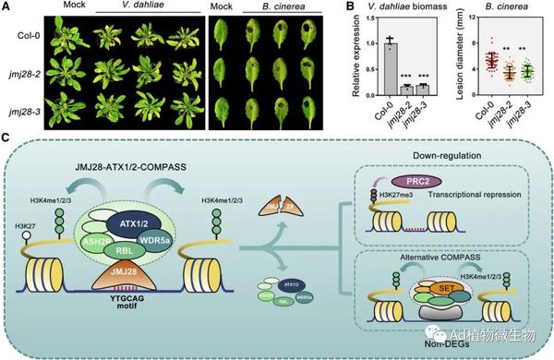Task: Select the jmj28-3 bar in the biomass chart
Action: pyautogui.click(x=422, y=88)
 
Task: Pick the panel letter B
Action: pyautogui.click(x=350, y=7)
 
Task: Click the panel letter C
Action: pyautogui.click(x=7, y=137)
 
